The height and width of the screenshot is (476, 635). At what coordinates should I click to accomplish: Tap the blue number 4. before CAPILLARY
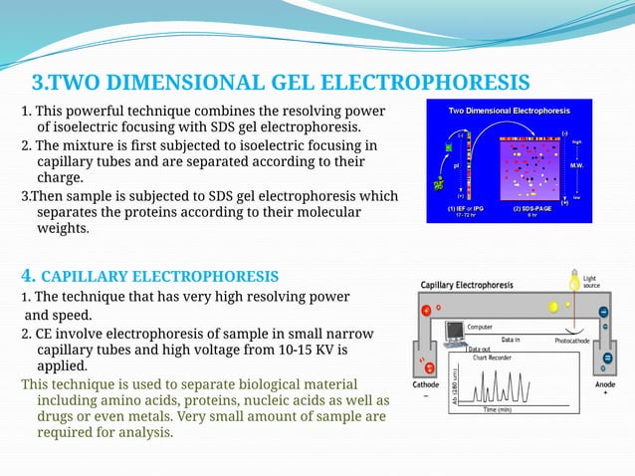click(x=30, y=275)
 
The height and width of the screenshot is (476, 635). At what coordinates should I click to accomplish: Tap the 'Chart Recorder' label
click(x=493, y=357)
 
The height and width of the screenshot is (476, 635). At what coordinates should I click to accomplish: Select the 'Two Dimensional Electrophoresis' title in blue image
click(x=509, y=110)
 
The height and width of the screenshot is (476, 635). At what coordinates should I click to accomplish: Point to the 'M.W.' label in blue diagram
click(x=576, y=164)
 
